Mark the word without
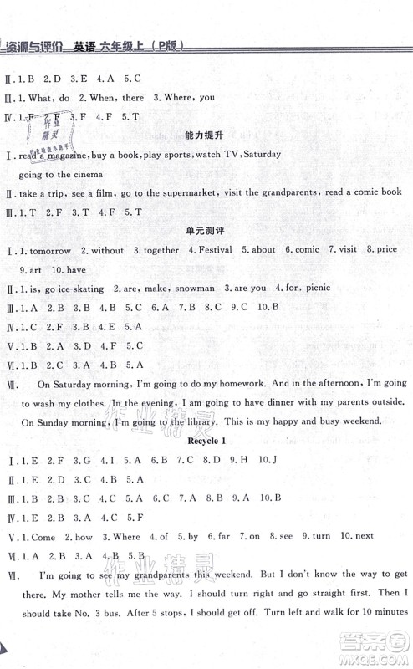109,249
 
